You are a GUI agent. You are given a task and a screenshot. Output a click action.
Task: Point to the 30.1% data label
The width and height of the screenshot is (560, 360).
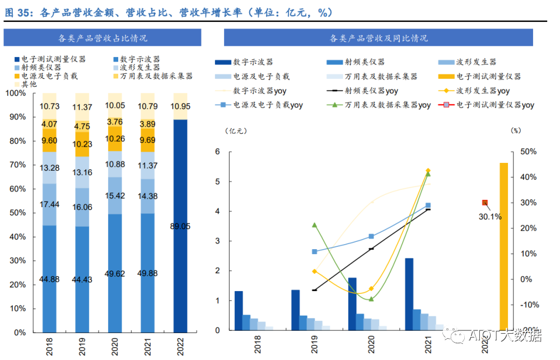click(x=490, y=217)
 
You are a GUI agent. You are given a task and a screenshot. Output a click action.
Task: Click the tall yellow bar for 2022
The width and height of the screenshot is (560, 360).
click(x=504, y=246)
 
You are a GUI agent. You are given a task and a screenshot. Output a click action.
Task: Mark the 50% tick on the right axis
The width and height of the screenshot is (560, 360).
click(x=529, y=152)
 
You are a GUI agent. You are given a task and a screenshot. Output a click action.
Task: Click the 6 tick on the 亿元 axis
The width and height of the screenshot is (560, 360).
click(x=218, y=152)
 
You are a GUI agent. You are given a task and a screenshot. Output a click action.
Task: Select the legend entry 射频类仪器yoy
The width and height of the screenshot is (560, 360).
click(x=364, y=91)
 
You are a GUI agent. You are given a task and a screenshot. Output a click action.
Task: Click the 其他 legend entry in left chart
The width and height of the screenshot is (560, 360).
click(x=25, y=84)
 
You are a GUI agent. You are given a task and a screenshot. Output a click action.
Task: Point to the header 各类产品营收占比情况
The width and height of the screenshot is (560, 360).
click(x=102, y=38)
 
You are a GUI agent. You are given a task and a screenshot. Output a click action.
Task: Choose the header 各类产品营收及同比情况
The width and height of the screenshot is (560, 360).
click(x=378, y=38)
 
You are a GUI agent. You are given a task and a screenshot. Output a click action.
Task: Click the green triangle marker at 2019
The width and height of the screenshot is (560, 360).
click(x=314, y=225)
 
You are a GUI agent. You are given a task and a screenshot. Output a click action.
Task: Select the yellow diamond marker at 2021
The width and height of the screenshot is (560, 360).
click(x=428, y=171)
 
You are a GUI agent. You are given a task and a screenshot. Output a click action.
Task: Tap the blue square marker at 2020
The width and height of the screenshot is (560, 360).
click(x=371, y=237)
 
